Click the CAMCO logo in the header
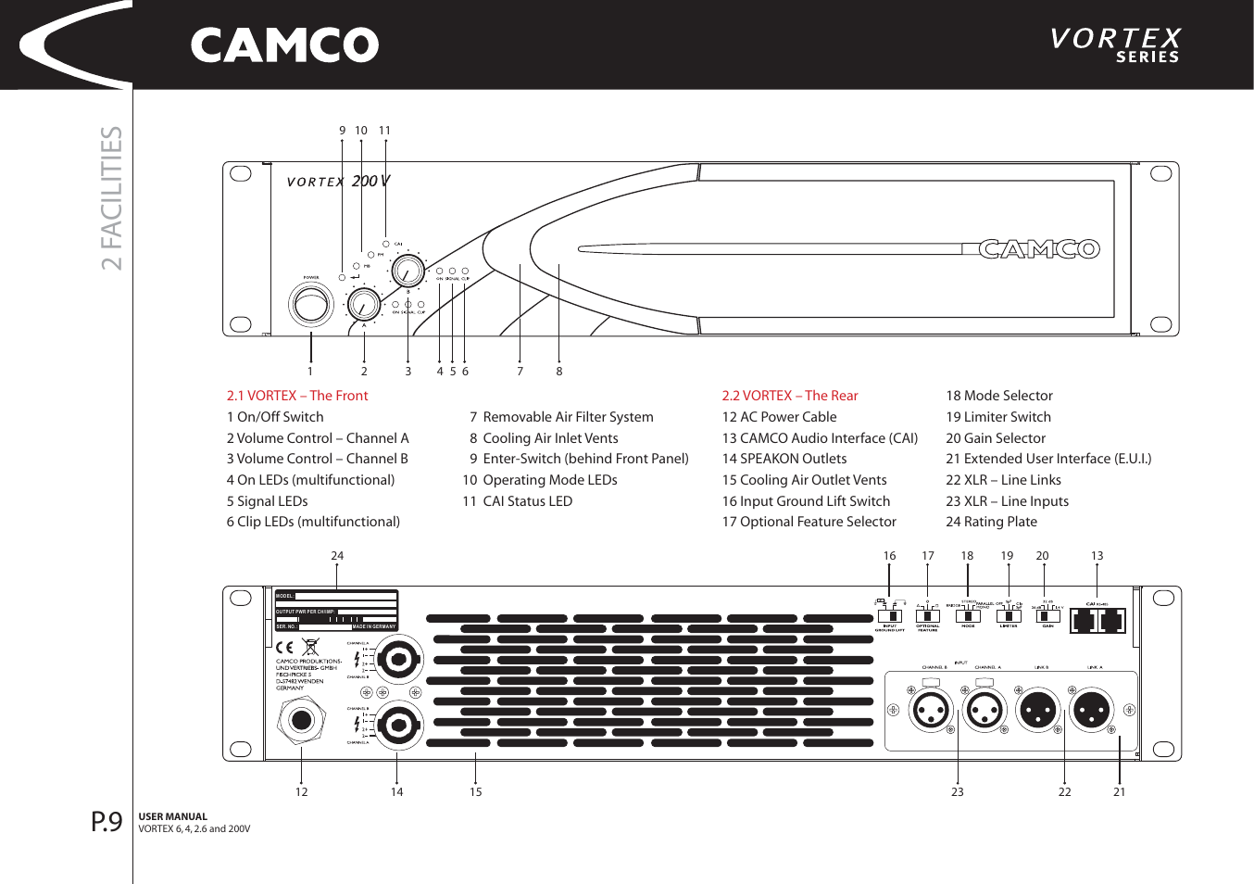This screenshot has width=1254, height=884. pos(284,45)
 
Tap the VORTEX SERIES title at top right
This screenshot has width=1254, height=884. pos(1115,44)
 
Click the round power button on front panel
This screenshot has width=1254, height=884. pos(311,303)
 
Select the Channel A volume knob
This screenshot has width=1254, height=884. pos(363,303)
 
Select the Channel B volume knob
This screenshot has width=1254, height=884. pos(407,272)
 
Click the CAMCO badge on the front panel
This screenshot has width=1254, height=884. pos(1038,249)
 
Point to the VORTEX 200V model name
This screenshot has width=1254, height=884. pos(338,182)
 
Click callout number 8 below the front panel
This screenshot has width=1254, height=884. pos(559,372)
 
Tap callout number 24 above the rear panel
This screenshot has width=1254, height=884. pos(337,556)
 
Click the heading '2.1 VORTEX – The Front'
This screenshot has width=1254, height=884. pos(297,396)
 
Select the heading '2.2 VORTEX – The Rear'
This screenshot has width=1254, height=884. pos(790,396)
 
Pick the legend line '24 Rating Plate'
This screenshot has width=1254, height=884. pos(991,522)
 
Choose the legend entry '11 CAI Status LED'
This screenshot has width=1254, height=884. pos(518,501)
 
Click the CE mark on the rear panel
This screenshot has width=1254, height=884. pos(284,647)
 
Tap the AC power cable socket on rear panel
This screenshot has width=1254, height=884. pos(301,720)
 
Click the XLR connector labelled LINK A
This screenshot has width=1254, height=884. pos(1091,711)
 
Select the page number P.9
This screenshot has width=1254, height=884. pos(107,822)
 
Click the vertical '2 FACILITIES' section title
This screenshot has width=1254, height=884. pos(111,198)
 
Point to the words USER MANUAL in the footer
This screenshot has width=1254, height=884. pos(173,817)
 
